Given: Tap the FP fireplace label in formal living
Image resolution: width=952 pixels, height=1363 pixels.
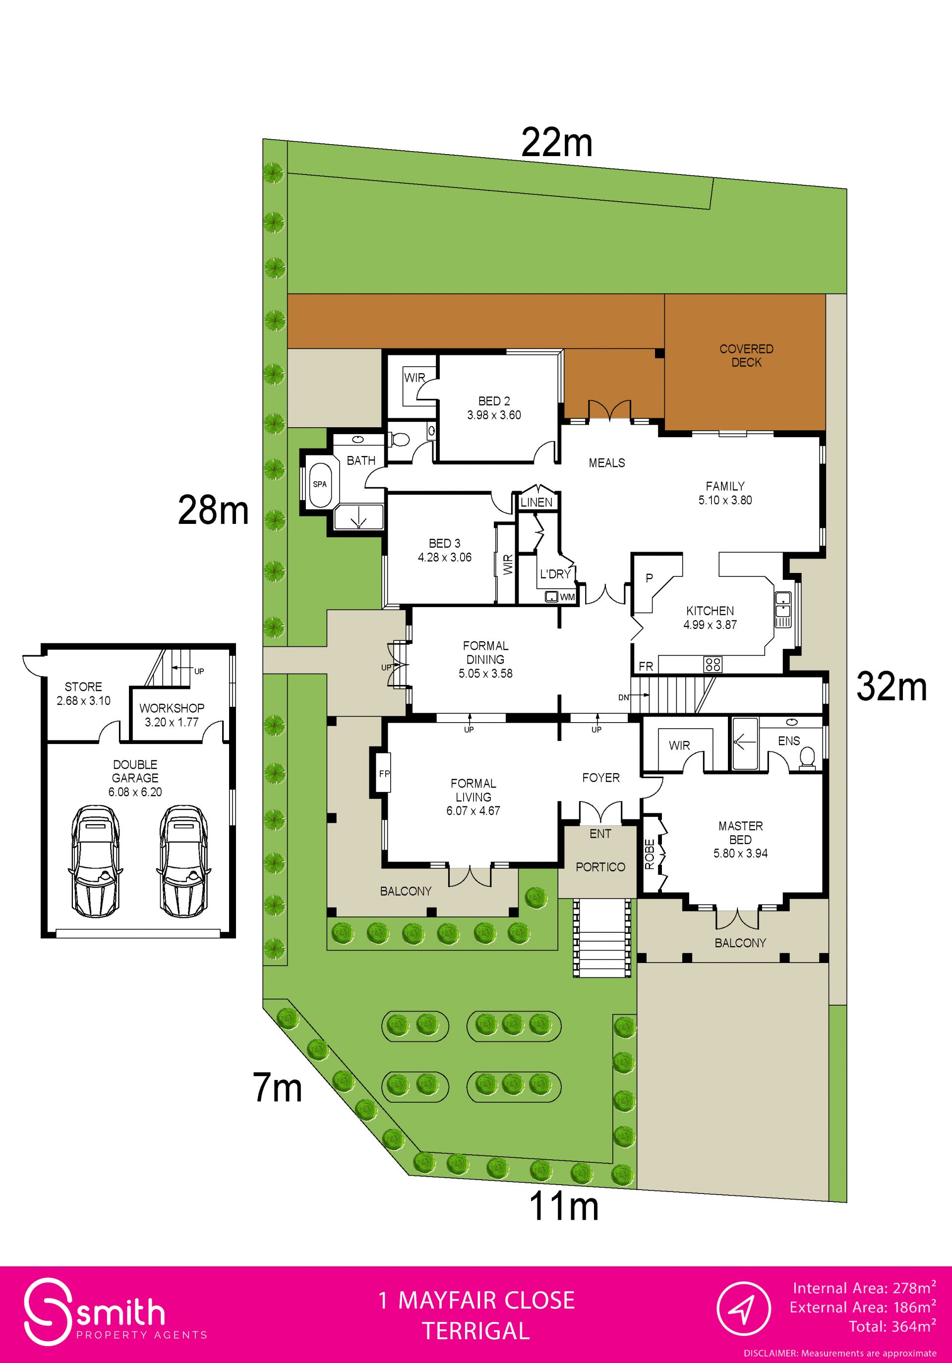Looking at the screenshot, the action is pos(384,774).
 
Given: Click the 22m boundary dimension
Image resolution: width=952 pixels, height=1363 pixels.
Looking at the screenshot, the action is pos(557,143).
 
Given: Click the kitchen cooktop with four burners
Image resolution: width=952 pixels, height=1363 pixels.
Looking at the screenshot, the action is pos(713,664).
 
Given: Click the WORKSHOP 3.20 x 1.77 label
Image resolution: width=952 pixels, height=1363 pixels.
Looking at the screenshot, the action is pos(172,715).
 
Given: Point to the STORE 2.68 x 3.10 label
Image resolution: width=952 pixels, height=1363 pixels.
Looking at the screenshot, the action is pos(83,693).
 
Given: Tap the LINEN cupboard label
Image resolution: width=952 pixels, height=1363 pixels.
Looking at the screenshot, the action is pos(536,502).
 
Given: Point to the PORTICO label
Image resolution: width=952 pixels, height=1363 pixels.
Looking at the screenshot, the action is pos(600,867).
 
